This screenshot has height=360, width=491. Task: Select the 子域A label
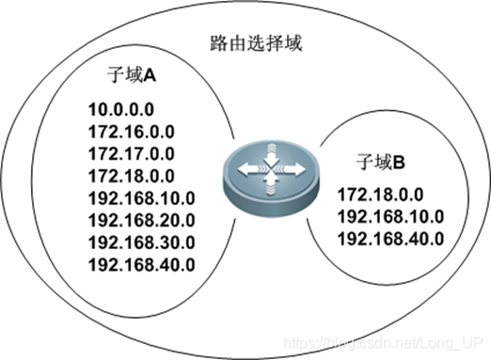pyautogui.click(x=135, y=73)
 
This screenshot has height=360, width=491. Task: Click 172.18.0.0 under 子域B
pyautogui.click(x=381, y=195)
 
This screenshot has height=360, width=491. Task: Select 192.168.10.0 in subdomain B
pyautogui.click(x=390, y=216)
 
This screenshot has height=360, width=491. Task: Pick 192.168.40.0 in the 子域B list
pyautogui.click(x=390, y=238)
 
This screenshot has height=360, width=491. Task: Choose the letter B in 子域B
pyautogui.click(x=399, y=162)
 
